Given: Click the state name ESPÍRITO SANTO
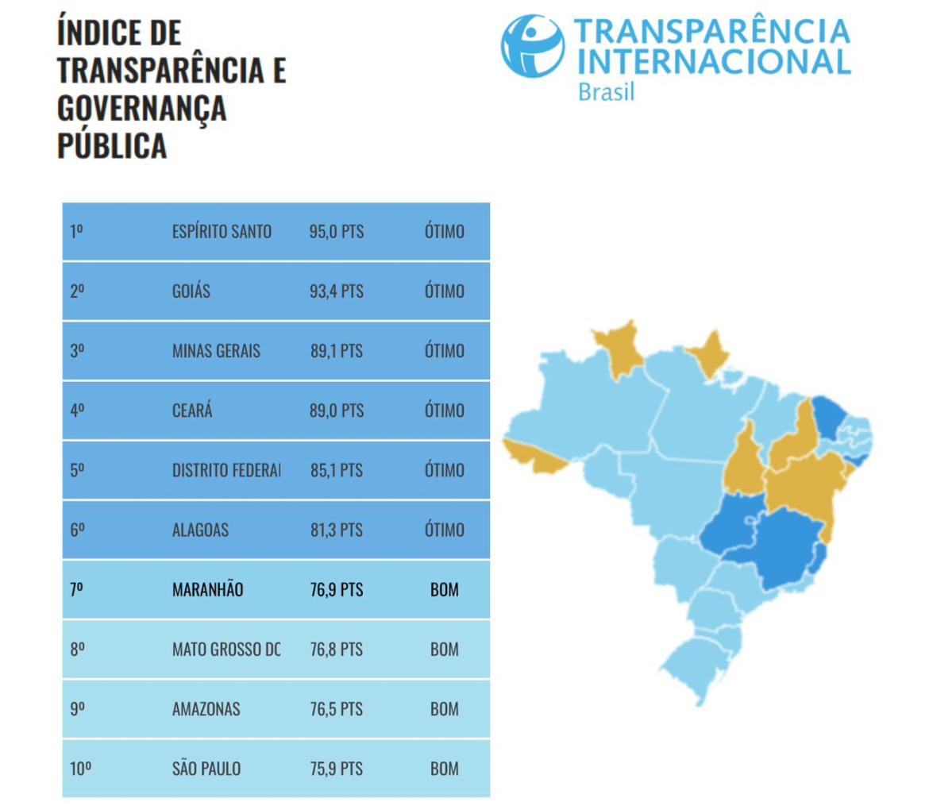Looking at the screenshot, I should [x=222, y=232].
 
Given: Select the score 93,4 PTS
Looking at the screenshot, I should [x=336, y=291].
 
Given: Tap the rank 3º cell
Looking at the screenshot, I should [x=77, y=351].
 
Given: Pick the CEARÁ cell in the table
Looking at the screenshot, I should [x=192, y=411].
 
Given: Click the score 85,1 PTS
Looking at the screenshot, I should [x=336, y=470].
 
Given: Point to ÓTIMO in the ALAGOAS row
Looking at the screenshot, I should [x=444, y=530].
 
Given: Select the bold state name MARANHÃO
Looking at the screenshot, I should [x=207, y=590].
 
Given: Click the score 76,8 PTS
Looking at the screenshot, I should [x=336, y=650].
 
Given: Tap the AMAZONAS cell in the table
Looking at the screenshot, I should [x=206, y=709].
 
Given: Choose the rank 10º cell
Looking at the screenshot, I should [x=80, y=769].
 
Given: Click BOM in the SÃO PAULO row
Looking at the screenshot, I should [x=444, y=769].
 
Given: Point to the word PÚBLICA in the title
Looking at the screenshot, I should [x=112, y=146].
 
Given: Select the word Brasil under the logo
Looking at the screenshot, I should [x=607, y=91].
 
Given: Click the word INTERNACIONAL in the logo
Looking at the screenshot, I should [x=711, y=60].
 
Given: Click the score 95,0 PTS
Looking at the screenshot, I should [x=336, y=232].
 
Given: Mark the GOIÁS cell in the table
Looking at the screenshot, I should [x=191, y=291].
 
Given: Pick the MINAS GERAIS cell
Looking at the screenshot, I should [x=216, y=351].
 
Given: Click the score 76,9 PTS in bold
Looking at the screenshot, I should [x=336, y=590].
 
